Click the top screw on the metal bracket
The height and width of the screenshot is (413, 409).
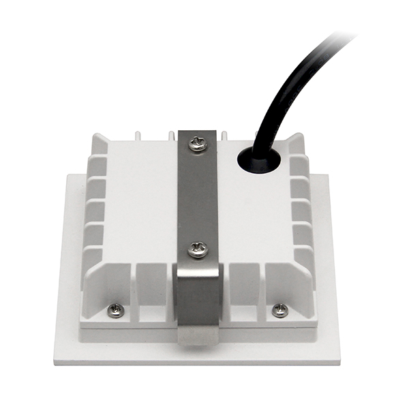pyautogui.click(x=198, y=144)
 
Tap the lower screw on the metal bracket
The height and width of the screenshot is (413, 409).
pyautogui.click(x=198, y=249)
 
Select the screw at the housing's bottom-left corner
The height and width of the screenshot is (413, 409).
pyautogui.click(x=116, y=310)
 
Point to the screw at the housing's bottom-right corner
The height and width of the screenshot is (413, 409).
pyautogui.click(x=279, y=310)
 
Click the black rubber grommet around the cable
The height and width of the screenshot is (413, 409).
pyautogui.click(x=258, y=161)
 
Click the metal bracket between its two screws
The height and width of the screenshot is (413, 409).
pyautogui.click(x=198, y=198)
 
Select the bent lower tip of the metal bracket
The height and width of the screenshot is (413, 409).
pyautogui.click(x=198, y=334)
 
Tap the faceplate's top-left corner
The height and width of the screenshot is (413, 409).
pyautogui.click(x=67, y=176)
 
